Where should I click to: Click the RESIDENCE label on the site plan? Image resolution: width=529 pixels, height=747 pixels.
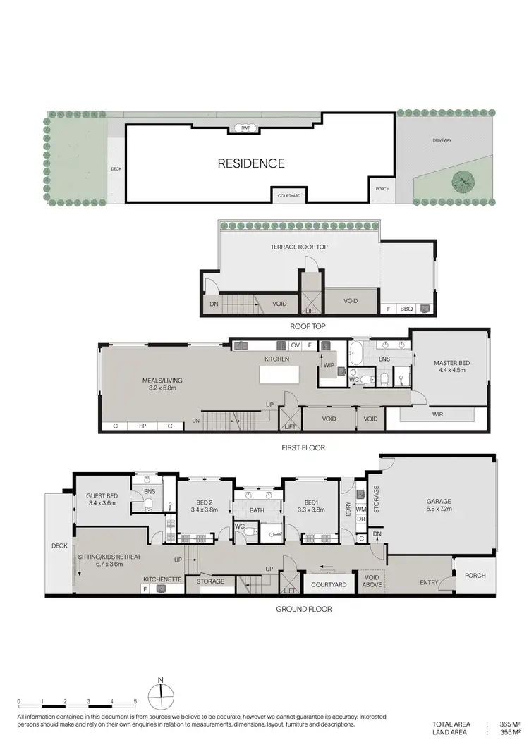tap(250, 163)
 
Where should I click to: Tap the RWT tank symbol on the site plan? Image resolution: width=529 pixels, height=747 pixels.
tap(245, 128)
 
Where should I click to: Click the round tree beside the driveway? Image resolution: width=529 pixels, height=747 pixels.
tap(463, 181)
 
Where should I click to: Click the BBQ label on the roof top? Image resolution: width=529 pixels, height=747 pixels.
tap(406, 309)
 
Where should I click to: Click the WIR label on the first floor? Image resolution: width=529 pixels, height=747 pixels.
tap(438, 415)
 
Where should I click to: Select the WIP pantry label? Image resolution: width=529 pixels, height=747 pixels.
tap(329, 365)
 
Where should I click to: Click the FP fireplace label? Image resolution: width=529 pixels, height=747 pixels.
tap(142, 426)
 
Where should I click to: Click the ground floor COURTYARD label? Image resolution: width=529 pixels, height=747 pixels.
tap(328, 585)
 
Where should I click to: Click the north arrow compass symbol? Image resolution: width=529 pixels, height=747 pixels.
tap(161, 697)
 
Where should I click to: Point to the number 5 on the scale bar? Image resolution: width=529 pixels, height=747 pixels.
tap(135, 703)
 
